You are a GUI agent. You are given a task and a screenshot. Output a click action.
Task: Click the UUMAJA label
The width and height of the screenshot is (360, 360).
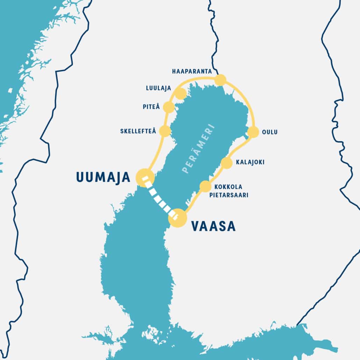[103, 177]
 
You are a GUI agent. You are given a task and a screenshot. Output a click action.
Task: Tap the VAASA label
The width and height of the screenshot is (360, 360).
[213, 226]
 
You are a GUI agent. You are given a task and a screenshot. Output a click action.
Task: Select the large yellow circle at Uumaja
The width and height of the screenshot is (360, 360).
[145, 177]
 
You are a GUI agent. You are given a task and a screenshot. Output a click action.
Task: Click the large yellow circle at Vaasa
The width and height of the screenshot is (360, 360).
[178, 218]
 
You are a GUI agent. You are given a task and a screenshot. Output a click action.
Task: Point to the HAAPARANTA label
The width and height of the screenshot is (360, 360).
[192, 71]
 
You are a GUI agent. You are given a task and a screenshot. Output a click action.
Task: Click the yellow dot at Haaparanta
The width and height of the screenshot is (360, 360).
[220, 80]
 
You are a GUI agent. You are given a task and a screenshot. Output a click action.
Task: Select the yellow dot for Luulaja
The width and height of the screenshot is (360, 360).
[180, 94]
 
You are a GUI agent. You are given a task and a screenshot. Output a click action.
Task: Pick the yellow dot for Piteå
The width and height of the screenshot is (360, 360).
[168, 107]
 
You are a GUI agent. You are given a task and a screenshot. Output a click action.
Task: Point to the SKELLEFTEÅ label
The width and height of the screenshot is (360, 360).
[138, 131]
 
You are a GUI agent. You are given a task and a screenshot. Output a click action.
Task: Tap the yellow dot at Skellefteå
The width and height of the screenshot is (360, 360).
[165, 131]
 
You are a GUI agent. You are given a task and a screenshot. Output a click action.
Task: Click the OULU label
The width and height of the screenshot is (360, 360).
[269, 132]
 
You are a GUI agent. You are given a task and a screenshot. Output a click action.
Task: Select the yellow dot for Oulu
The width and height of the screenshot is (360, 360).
[253, 132]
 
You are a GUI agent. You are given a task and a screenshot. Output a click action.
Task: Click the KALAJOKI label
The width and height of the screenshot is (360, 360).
[250, 162]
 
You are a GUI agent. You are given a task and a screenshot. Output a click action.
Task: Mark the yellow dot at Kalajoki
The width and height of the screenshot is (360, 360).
[226, 163]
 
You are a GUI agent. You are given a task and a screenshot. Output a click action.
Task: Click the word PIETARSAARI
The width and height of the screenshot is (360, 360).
[229, 195]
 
